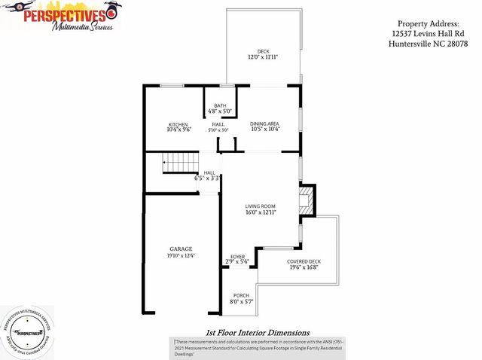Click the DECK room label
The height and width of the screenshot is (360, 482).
(x=263, y=51)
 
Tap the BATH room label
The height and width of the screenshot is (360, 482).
(x=220, y=106)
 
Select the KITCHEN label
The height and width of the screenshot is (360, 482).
(x=178, y=124)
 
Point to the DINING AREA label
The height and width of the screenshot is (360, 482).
(x=264, y=124)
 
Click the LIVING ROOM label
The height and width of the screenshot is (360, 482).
(x=261, y=206)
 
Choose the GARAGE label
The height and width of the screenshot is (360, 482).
(x=180, y=249)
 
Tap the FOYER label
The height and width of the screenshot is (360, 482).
(x=238, y=257)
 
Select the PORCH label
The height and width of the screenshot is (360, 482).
(x=241, y=295)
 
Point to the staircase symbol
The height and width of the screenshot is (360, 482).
(x=179, y=162)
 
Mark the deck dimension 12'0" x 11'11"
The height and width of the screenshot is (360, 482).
(x=263, y=57)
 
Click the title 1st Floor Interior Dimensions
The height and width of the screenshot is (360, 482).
(x=257, y=332)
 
